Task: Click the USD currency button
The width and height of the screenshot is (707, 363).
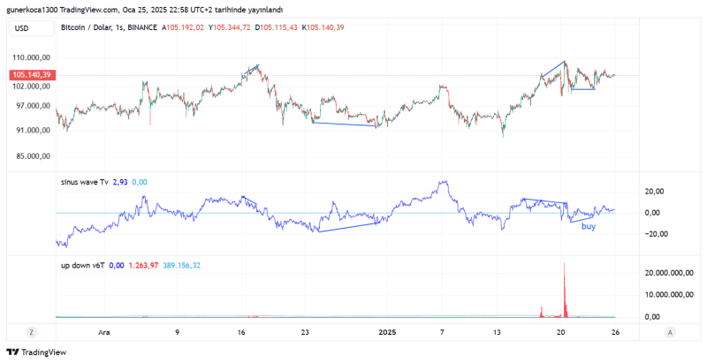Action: coord(22,28)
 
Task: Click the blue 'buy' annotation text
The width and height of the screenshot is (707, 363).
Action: coord(588,227)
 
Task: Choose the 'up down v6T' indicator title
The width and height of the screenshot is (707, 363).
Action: coord(83,265)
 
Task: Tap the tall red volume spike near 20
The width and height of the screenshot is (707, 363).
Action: coord(563,287)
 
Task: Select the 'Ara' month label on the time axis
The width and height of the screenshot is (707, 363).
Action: coord(104,333)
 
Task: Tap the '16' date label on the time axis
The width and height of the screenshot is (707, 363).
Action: coord(241,333)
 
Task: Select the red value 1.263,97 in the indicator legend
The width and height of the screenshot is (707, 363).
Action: coord(146,265)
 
